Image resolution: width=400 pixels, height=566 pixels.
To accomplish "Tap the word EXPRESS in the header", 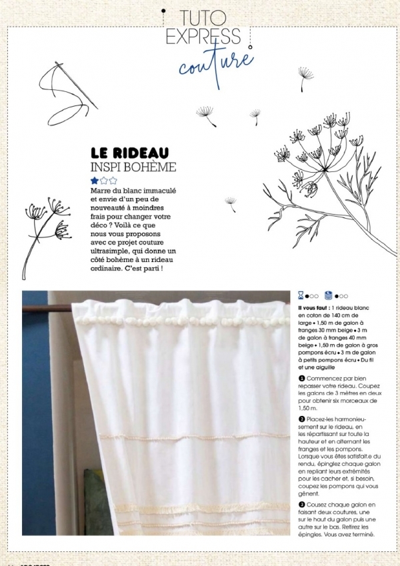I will coord(203,37).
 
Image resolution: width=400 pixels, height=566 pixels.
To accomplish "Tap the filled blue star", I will coord(95,180).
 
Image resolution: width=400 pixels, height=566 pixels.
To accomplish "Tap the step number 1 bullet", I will coord(301,378).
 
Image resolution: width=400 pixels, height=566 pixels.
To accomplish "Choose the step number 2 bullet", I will coord(301,419).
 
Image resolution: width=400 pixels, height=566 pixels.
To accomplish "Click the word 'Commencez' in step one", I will coord(323,378).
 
